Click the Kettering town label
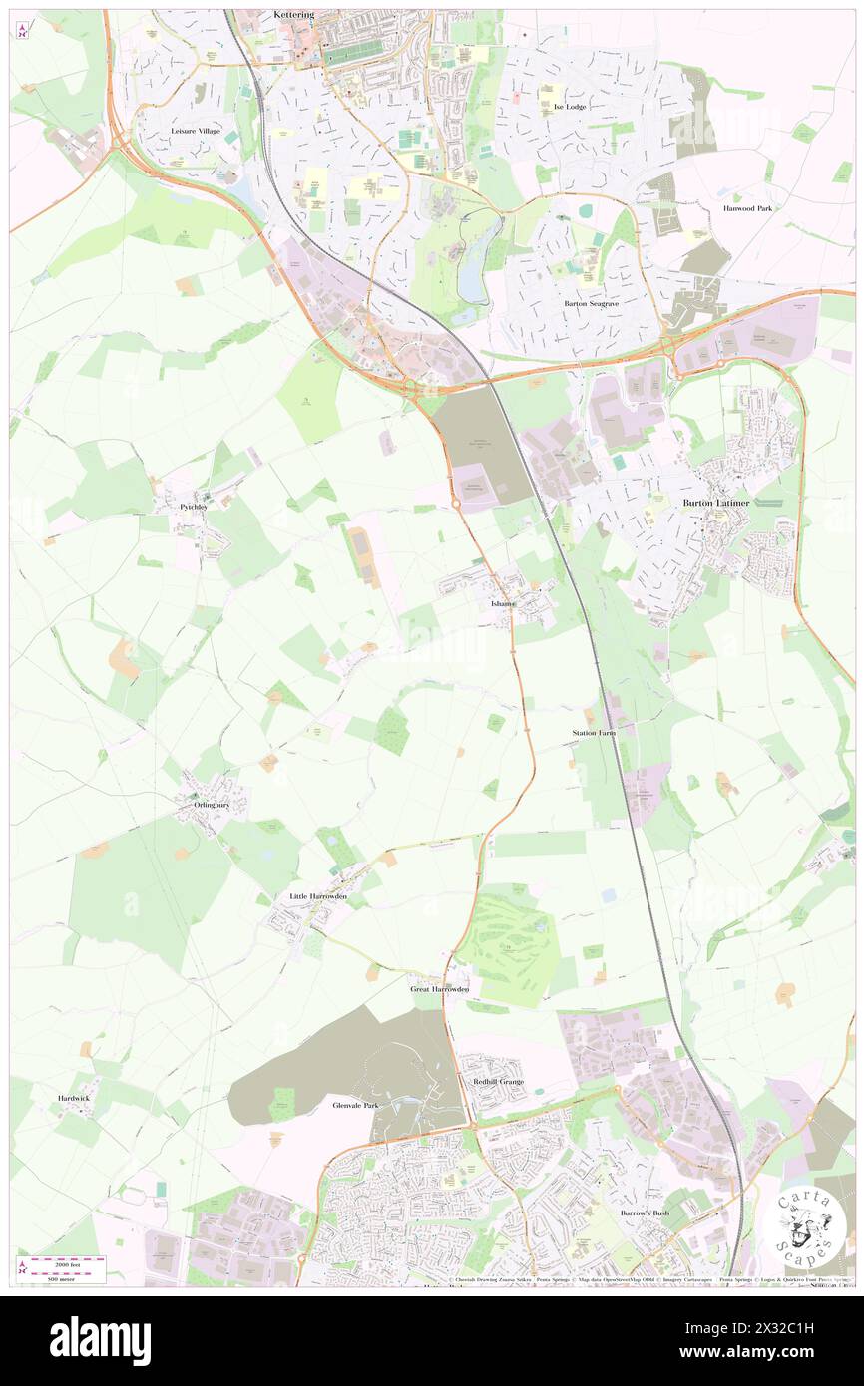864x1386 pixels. [x=293, y=16]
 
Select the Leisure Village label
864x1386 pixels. [x=195, y=131]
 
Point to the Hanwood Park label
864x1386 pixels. [x=754, y=208]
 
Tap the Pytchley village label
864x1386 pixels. [x=193, y=507]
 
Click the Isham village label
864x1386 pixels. [x=503, y=605]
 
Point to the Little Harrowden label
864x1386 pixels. [x=318, y=896]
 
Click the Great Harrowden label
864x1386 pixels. [x=439, y=989]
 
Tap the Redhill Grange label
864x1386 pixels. [x=491, y=1082]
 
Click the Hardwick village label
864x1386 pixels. [x=73, y=1098]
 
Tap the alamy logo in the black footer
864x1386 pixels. [x=100, y=1341]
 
